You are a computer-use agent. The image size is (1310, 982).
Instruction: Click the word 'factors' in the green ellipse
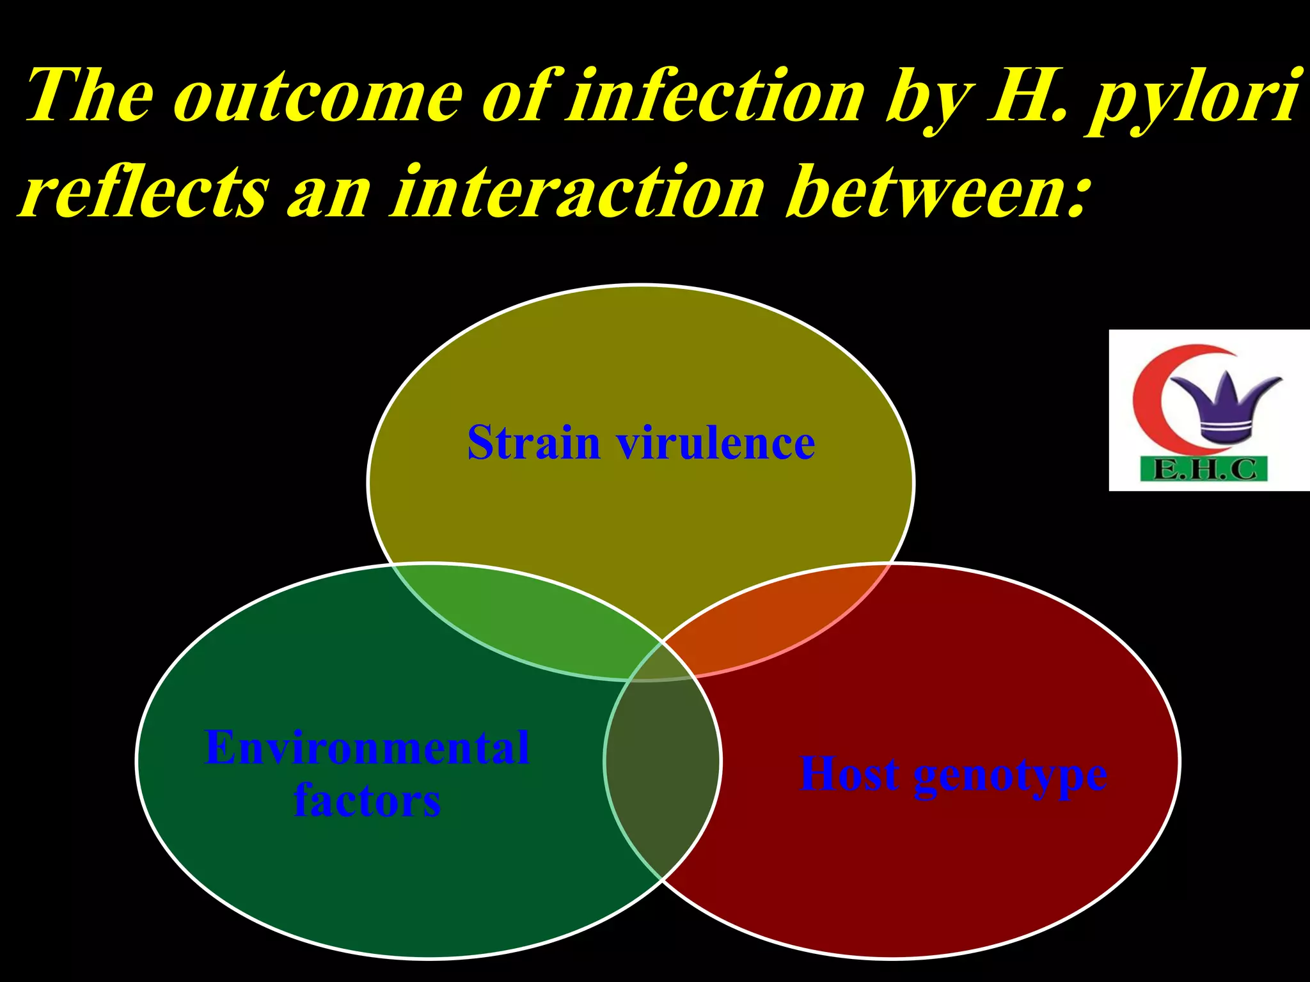click(x=367, y=800)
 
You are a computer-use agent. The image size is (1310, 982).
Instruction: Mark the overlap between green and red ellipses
click(x=662, y=767)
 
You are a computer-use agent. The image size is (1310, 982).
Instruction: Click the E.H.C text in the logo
click(x=1204, y=470)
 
